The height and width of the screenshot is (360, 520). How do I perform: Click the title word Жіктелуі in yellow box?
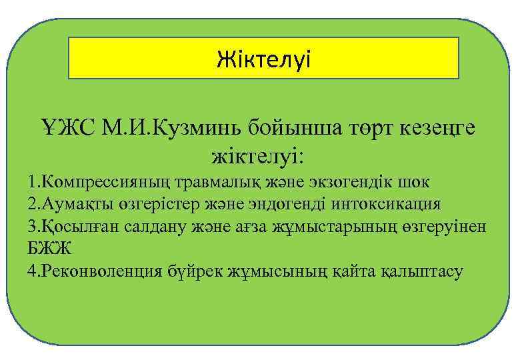[x=263, y=59]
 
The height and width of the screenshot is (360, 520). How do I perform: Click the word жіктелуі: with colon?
[x=257, y=157]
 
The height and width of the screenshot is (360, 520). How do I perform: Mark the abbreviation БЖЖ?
[x=48, y=249]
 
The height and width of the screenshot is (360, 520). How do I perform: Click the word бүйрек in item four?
[x=197, y=271]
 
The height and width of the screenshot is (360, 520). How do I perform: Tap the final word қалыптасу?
[x=421, y=271]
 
